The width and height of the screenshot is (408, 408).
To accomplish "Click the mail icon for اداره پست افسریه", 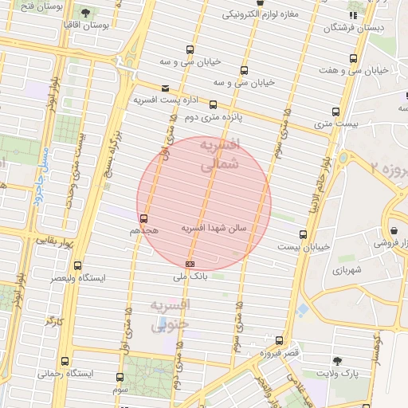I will click(165, 88).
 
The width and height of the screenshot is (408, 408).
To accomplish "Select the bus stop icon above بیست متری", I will click(335, 112).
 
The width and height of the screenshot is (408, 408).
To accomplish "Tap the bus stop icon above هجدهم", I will click(144, 218).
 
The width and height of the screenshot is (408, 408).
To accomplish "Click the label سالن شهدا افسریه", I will click(215, 228).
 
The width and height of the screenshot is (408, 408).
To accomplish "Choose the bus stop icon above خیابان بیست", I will click(303, 234).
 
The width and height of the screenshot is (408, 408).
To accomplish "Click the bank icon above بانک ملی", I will click(190, 263).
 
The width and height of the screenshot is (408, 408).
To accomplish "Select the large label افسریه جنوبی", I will click(169, 316).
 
